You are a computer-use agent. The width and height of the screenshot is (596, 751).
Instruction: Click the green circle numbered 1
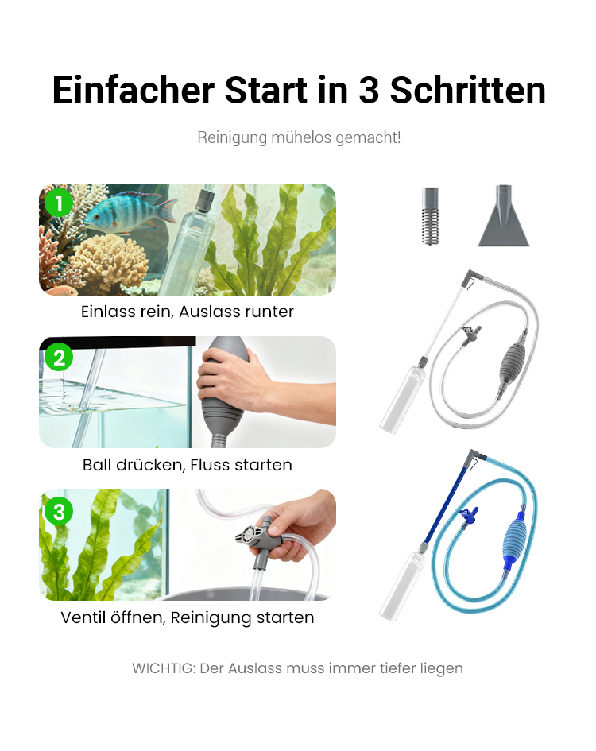tap(59, 203)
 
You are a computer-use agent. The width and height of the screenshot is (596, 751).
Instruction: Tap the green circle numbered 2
tap(59, 358)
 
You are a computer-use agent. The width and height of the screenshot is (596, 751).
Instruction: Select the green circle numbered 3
tap(59, 512)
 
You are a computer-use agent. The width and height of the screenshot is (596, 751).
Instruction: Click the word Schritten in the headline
tap(467, 90)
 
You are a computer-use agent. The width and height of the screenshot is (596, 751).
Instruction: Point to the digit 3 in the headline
tap(369, 91)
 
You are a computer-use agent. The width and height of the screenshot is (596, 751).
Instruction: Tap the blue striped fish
tap(130, 211)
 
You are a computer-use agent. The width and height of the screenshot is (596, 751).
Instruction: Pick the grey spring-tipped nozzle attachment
tap(430, 215)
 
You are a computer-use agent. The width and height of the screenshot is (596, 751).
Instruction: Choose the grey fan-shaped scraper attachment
tap(504, 215)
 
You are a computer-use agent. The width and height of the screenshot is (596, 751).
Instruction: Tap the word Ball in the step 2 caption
tap(98, 465)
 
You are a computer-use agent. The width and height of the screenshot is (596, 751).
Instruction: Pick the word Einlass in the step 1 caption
tap(108, 312)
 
